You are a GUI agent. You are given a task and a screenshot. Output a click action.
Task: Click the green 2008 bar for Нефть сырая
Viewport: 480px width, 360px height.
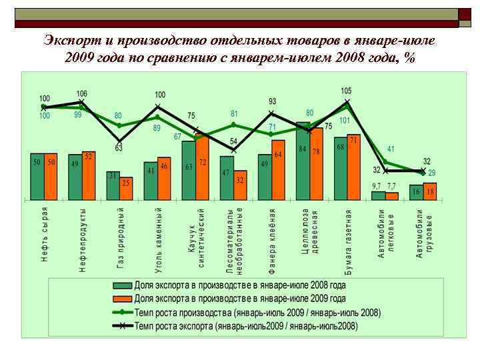pos(37,177)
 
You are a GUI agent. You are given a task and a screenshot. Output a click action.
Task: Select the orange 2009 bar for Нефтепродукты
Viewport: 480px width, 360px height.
pos(88,175)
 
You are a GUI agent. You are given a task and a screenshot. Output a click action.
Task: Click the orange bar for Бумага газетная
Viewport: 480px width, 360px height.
pos(354,167)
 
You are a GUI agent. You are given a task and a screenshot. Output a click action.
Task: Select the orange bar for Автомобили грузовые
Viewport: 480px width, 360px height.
pos(430,191)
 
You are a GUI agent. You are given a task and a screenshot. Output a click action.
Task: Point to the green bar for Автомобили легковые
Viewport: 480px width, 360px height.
pos(379,195)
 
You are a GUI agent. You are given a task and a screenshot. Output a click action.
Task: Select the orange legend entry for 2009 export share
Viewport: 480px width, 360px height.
pos(240,299)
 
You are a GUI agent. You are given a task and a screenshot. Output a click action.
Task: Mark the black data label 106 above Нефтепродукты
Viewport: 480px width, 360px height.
pos(81,94)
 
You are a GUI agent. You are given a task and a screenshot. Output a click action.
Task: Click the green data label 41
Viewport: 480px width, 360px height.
pos(391,149)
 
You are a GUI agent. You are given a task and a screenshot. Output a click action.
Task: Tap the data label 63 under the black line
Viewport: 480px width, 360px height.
pos(119,148)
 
